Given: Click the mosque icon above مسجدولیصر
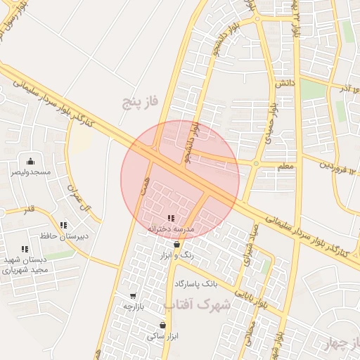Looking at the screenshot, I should (x=30, y=161).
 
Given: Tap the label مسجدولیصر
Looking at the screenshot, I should (x=30, y=172).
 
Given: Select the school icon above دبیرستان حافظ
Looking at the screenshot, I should (x=63, y=225).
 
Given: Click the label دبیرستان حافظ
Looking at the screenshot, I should (x=64, y=236).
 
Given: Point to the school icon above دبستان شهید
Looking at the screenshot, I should (x=25, y=248).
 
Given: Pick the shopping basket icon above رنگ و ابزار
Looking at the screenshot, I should (x=176, y=245).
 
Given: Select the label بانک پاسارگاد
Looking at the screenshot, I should (x=197, y=283).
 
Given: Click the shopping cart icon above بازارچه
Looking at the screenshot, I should (x=134, y=296).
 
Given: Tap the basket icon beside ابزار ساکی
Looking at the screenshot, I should (x=164, y=325).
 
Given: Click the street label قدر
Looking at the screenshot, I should (x=29, y=210).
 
